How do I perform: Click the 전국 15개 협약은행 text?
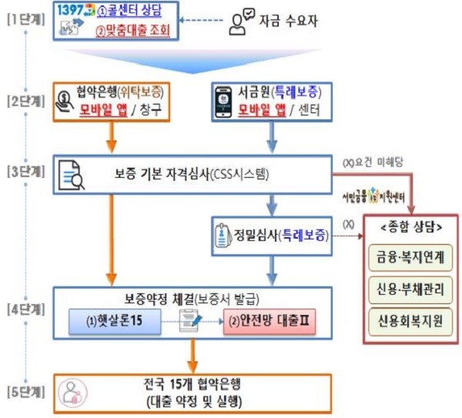[x=192, y=383]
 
